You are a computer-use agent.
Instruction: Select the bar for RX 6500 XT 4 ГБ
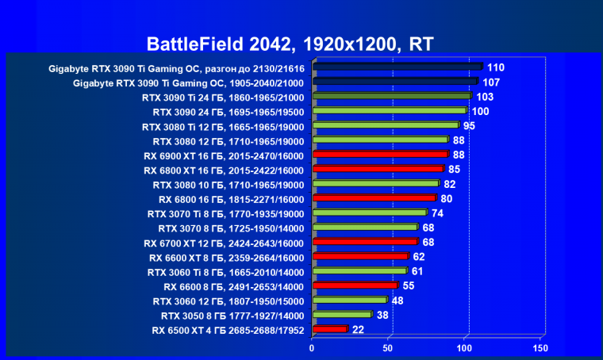[x=331, y=329]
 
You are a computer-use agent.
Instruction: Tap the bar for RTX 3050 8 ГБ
[x=343, y=315]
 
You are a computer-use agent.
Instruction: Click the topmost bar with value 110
[x=398, y=67]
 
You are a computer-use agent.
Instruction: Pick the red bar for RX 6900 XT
[x=381, y=155]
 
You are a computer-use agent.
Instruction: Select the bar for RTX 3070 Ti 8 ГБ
[x=370, y=213]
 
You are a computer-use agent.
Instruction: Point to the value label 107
[x=491, y=82]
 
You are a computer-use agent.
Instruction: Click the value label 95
[x=470, y=125]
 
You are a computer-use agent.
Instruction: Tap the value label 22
[x=358, y=329]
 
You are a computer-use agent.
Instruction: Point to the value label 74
[x=437, y=213]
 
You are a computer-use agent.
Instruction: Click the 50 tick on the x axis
[x=390, y=348]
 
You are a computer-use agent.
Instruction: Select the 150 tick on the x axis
[x=540, y=348]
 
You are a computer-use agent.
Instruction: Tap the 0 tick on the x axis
[x=313, y=348]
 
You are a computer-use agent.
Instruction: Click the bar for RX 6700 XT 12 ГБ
[x=366, y=242]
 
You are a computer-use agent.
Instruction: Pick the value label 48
[x=398, y=301]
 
